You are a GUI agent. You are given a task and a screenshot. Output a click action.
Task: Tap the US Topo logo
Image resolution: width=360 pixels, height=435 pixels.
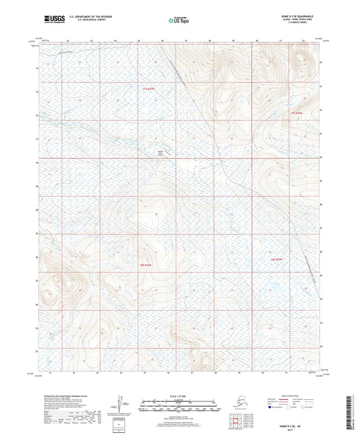point(178,21)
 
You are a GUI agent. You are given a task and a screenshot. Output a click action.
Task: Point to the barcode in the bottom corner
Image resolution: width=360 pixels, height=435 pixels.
point(353,412)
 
